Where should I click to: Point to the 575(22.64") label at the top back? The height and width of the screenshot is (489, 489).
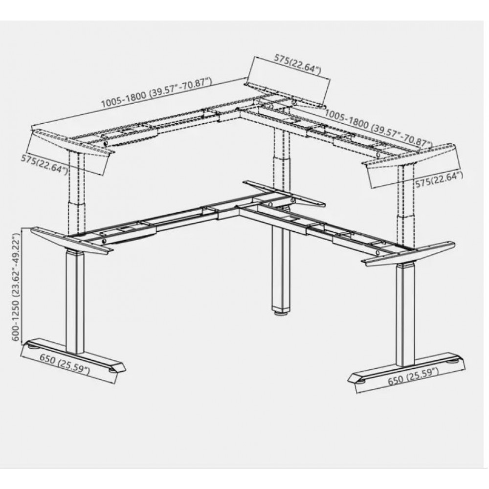(x=297, y=64)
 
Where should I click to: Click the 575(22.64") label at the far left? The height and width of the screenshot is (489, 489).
(x=44, y=164)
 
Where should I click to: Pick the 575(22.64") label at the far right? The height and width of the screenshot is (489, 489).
(x=439, y=180)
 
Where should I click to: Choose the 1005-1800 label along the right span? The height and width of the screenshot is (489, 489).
(x=378, y=127)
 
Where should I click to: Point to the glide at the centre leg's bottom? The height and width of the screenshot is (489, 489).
(x=281, y=313)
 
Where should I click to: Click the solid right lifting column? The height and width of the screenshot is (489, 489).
(x=406, y=315)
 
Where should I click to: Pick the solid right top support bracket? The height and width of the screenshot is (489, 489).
(x=408, y=253)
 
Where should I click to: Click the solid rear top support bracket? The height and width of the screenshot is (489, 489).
(x=284, y=193)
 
